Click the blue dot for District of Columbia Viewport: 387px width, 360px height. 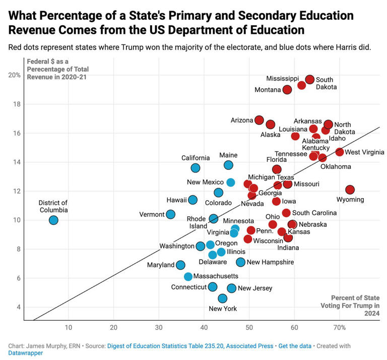[x=53, y=220]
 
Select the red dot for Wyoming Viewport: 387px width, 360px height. [x=350, y=190]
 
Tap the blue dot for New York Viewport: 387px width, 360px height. [x=223, y=298]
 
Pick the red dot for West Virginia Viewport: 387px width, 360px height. [x=340, y=152]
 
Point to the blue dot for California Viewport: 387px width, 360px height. [x=196, y=168]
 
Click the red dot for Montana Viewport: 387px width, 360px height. [x=287, y=90]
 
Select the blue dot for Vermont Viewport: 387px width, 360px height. [x=171, y=214]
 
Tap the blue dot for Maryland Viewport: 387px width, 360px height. [x=180, y=265]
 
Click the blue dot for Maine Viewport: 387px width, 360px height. [x=228, y=165]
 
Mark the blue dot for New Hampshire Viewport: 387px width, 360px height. [x=241, y=262]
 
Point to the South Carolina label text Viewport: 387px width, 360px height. [x=314, y=213]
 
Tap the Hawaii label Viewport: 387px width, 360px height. [x=176, y=200]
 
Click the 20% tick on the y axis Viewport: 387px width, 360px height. [x=14, y=75]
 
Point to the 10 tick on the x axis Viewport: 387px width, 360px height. [x=68, y=327]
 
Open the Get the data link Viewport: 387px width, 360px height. [x=296, y=345]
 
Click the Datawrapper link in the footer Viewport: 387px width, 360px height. [x=25, y=353]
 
